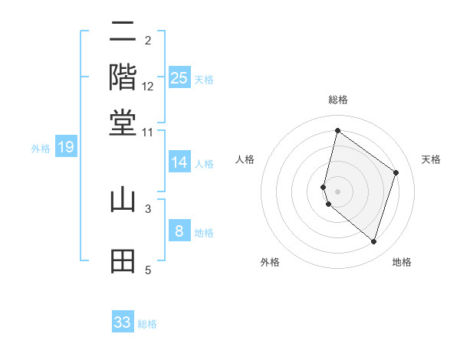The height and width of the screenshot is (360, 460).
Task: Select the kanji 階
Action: click(123, 77)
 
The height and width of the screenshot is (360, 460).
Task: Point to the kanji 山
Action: click(123, 200)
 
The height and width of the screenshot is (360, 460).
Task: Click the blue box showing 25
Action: click(179, 77)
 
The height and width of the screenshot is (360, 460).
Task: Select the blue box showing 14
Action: click(179, 162)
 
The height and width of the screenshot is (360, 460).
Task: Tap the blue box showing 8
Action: click(179, 231)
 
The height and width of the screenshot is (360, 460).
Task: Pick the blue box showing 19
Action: click(65, 148)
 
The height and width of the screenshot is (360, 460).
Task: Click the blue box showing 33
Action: click(123, 322)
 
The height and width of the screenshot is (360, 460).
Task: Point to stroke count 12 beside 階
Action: click(148, 87)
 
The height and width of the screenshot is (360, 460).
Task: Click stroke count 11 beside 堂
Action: click(148, 132)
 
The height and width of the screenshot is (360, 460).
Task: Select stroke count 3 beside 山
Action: click(148, 208)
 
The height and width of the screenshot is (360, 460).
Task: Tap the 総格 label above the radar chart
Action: click(337, 100)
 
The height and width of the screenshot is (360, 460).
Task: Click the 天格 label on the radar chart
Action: click(431, 159)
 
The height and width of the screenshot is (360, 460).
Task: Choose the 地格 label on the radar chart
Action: click(402, 262)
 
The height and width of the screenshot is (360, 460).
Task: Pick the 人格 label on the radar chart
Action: click(245, 159)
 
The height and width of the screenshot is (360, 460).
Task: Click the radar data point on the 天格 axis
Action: click(396, 172)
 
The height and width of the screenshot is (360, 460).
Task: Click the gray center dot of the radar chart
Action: click(337, 191)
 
